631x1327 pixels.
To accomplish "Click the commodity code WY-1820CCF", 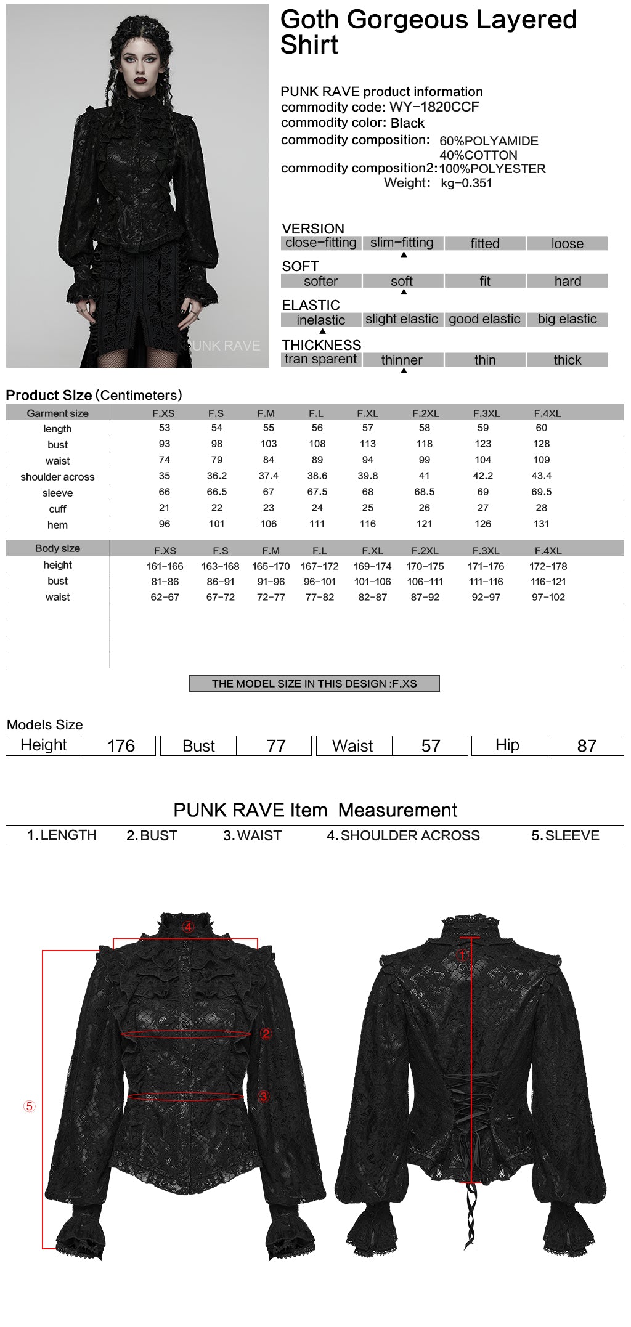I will pyautogui.click(x=434, y=107).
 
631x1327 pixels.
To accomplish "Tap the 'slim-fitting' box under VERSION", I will pyautogui.click(x=402, y=243).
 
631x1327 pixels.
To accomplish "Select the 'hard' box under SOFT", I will pyautogui.click(x=567, y=282).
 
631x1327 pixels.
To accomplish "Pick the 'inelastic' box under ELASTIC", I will pyautogui.click(x=320, y=320).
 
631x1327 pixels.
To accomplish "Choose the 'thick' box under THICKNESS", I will pyautogui.click(x=567, y=360).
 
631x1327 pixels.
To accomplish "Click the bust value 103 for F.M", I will pyautogui.click(x=268, y=444).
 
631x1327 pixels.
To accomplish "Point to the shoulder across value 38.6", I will pyautogui.click(x=317, y=476).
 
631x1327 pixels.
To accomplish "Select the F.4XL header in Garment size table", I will pyautogui.click(x=547, y=413).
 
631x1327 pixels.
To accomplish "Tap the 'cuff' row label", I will pyautogui.click(x=57, y=509).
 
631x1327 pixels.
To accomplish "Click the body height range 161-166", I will pyautogui.click(x=165, y=566).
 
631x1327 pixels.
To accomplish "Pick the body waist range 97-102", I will pyautogui.click(x=548, y=597).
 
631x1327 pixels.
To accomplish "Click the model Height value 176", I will pyautogui.click(x=121, y=746).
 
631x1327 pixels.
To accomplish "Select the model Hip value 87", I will pyautogui.click(x=586, y=746).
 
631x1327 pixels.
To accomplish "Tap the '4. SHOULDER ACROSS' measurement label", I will pyautogui.click(x=403, y=835).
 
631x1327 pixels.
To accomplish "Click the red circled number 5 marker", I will pyautogui.click(x=29, y=1106).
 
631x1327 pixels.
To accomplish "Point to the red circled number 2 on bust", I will pyautogui.click(x=266, y=1033).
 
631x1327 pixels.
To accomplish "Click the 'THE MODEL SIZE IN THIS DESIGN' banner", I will pyautogui.click(x=314, y=684).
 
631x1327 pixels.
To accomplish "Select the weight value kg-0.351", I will pyautogui.click(x=466, y=183).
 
